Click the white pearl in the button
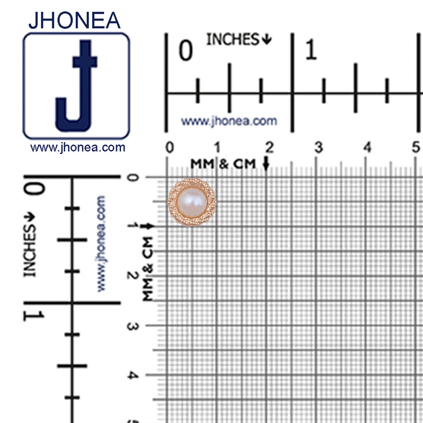point(192,202)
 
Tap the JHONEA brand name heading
point(75,20)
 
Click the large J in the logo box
point(76,86)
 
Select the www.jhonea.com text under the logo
point(78,147)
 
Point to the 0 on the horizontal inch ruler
point(186,50)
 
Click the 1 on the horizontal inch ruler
point(311,49)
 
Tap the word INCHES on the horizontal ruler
point(233,39)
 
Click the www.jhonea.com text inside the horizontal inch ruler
point(229,121)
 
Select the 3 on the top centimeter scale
point(318,147)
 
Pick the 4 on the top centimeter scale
point(367,147)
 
